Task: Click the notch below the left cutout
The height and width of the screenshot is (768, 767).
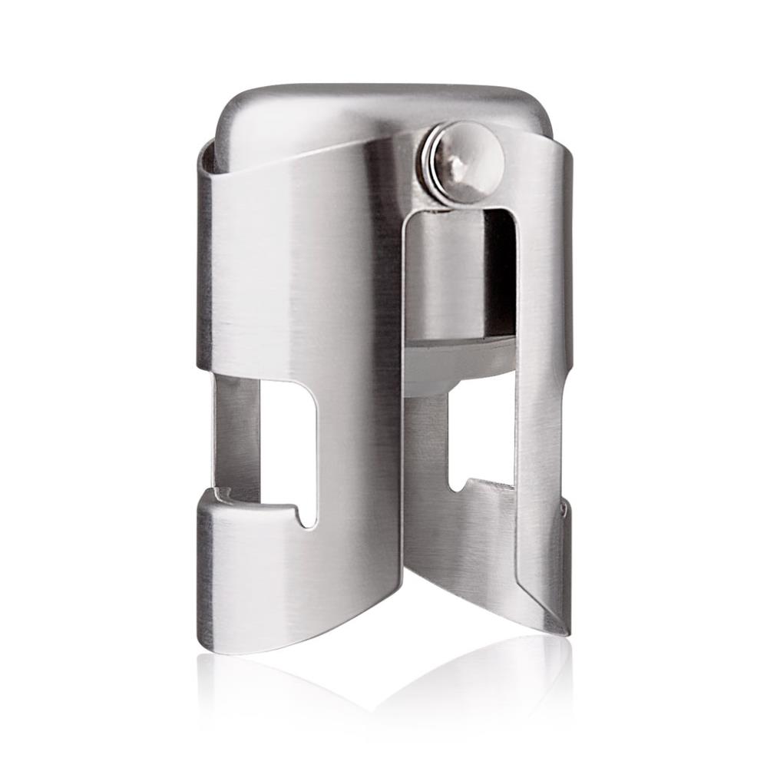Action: pyautogui.click(x=308, y=516)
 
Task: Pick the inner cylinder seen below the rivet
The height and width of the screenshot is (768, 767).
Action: pyautogui.click(x=445, y=269)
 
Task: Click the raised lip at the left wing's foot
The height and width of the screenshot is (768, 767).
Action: pyautogui.click(x=230, y=503)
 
